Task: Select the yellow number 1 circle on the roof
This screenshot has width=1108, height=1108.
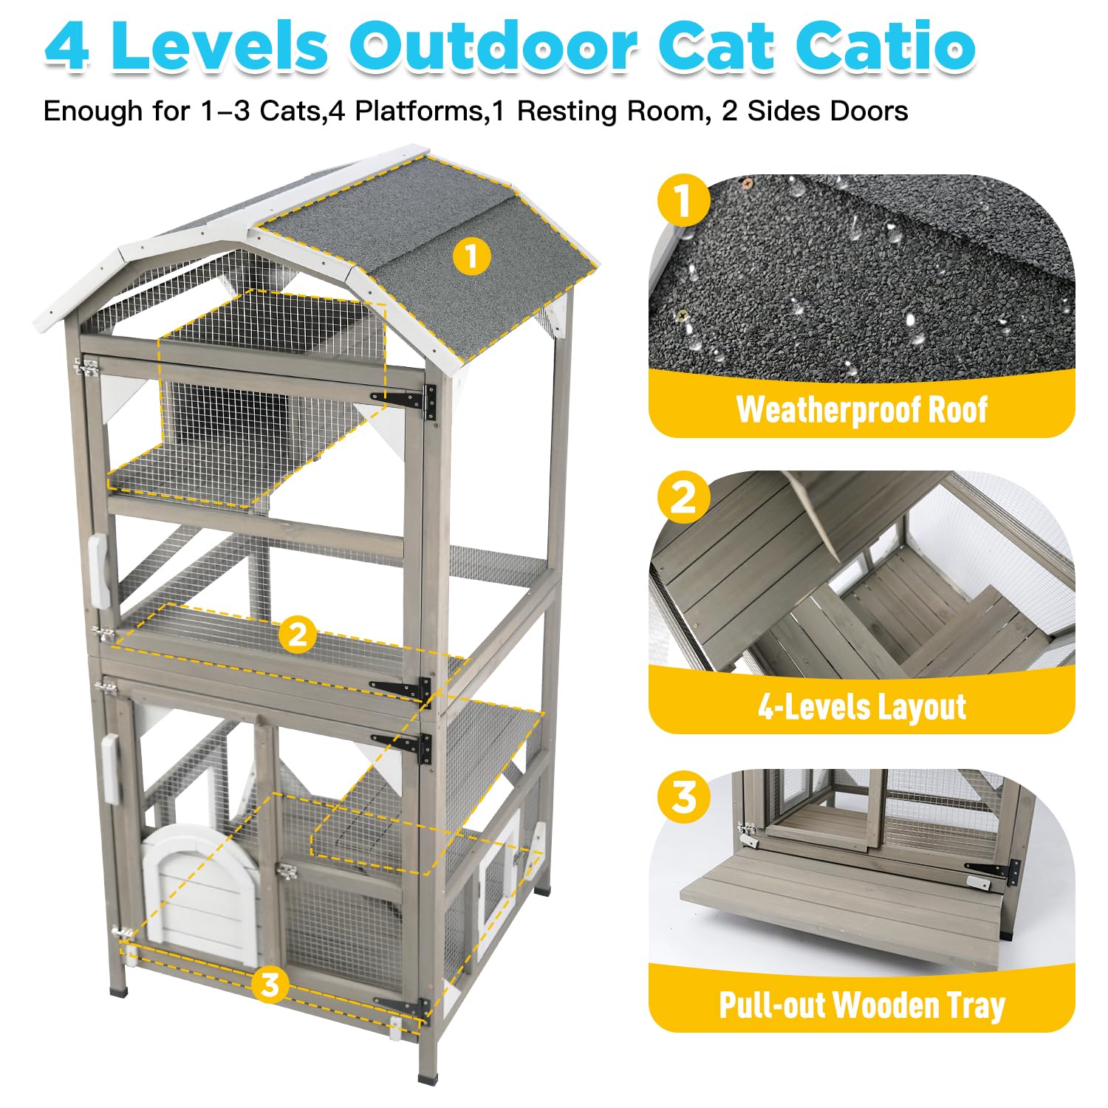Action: click(471, 256)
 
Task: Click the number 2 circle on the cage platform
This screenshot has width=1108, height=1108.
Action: click(297, 634)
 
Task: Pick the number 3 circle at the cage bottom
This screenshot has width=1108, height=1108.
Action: click(270, 984)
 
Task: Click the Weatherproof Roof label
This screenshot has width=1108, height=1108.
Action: click(861, 409)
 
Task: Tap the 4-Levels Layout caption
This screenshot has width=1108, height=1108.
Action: click(861, 707)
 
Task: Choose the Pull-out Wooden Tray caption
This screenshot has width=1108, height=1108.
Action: click(861, 1005)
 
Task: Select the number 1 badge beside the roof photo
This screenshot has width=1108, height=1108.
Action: click(683, 199)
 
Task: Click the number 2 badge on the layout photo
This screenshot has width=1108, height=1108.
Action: click(683, 497)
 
